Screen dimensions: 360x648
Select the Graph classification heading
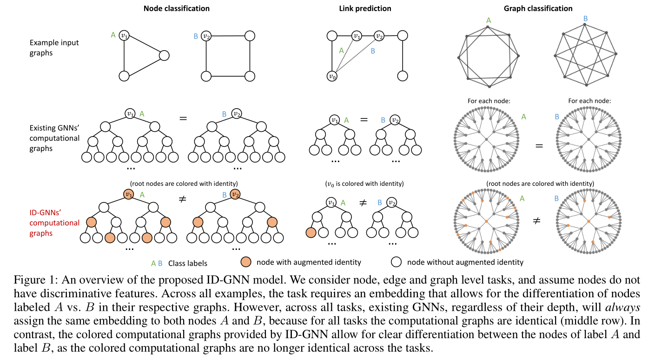click(538, 8)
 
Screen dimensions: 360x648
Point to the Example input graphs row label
click(54, 47)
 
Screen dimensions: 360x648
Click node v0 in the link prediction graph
click(331, 76)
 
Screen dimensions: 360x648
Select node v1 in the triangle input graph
click(124, 35)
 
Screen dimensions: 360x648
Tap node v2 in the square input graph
click(207, 35)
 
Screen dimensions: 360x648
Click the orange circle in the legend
click(246, 262)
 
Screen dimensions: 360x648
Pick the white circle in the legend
click(396, 262)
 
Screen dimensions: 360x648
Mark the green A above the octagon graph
click(488, 20)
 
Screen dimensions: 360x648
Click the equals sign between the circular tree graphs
click(539, 145)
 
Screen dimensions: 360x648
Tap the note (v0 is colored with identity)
click(364, 183)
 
